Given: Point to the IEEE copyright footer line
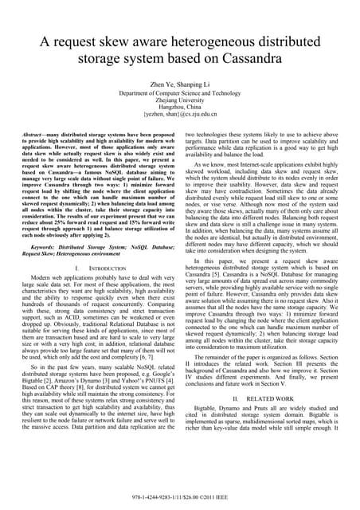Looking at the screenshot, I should (x=180, y=500).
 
